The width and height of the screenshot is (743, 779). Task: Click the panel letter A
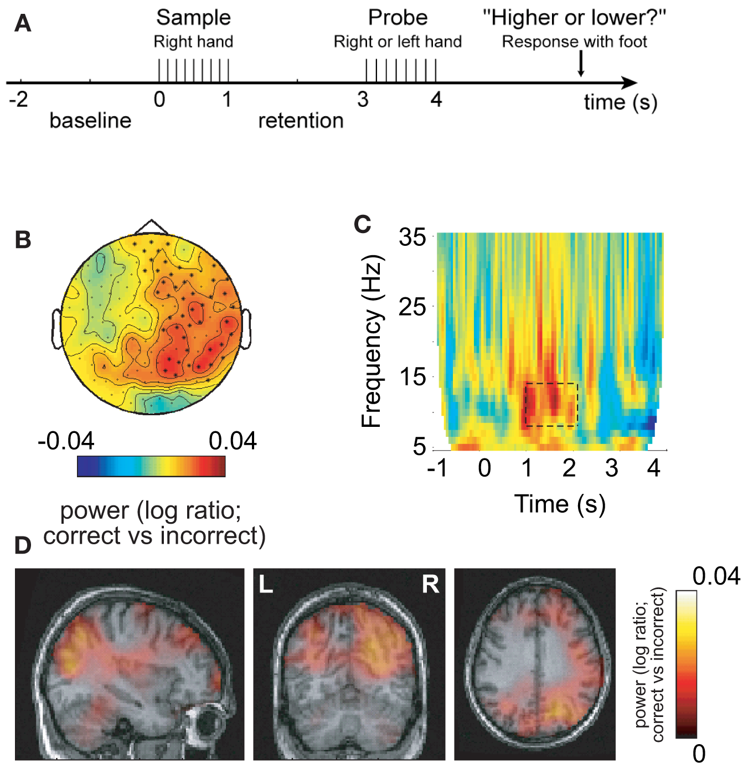click(x=22, y=24)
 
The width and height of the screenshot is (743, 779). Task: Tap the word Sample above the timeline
click(x=193, y=18)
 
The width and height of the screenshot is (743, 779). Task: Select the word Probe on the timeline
click(x=398, y=18)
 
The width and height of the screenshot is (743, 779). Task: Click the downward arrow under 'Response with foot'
click(x=581, y=64)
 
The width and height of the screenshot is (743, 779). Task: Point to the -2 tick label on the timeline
click(x=18, y=100)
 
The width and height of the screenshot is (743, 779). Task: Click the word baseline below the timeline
click(x=90, y=121)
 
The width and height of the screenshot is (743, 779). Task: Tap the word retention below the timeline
click(x=301, y=121)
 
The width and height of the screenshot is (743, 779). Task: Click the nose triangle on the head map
click(x=151, y=227)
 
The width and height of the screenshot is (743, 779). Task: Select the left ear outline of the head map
click(x=56, y=329)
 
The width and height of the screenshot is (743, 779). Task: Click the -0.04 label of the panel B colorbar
click(x=66, y=441)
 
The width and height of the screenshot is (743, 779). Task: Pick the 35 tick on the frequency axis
click(x=412, y=238)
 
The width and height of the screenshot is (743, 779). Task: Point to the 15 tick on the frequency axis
click(x=412, y=377)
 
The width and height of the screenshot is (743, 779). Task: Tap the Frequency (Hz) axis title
click(x=371, y=341)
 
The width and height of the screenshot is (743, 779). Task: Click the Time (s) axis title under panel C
click(x=560, y=504)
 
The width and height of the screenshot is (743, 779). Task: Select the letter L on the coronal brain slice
click(x=266, y=584)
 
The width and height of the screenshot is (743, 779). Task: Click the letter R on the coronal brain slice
click(x=430, y=584)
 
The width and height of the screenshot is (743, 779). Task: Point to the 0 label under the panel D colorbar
click(x=699, y=754)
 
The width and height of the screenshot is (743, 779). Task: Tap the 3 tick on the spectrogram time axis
click(x=611, y=469)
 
